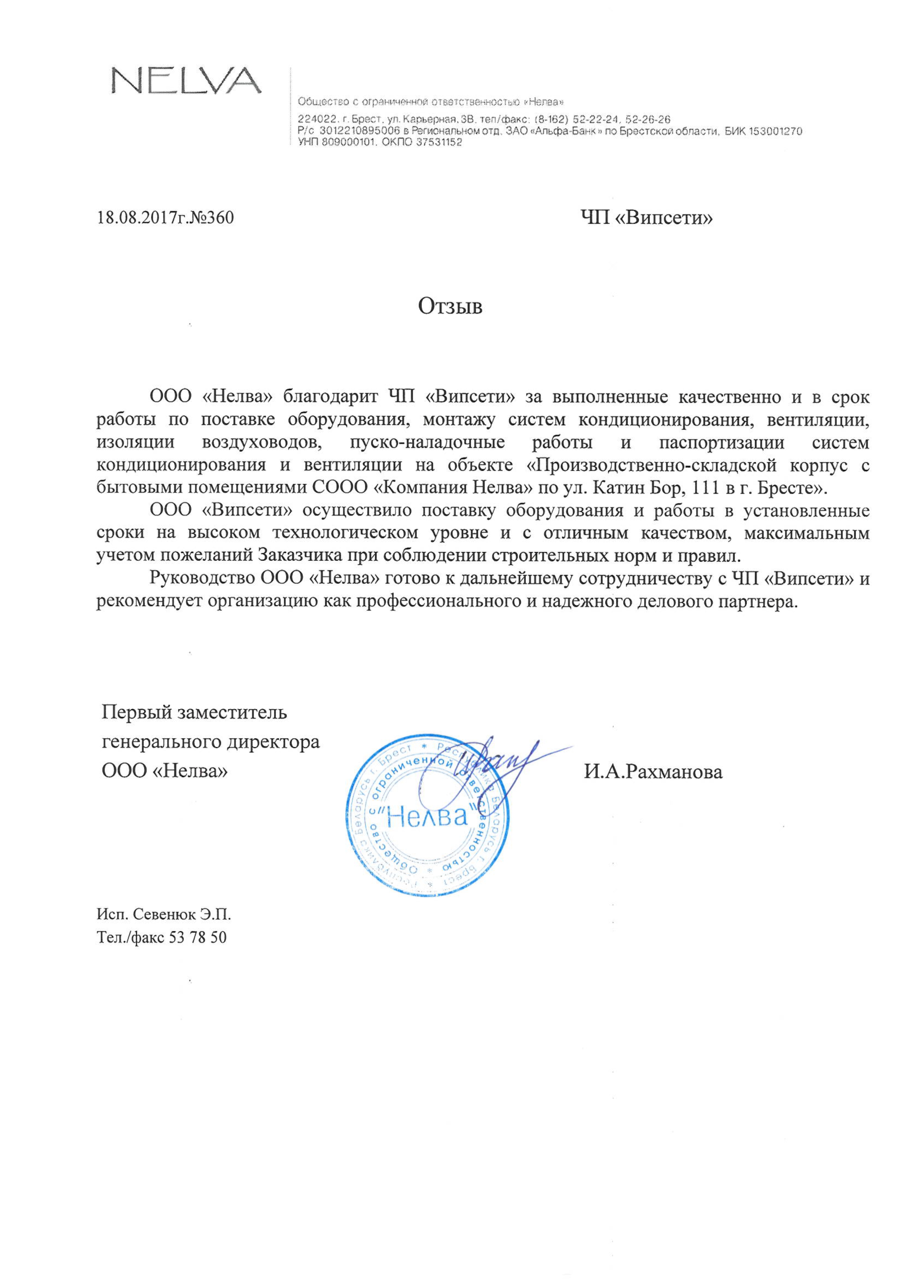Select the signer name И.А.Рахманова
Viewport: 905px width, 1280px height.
pyautogui.click(x=653, y=772)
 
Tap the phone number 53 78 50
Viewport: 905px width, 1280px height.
pyautogui.click(x=197, y=937)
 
